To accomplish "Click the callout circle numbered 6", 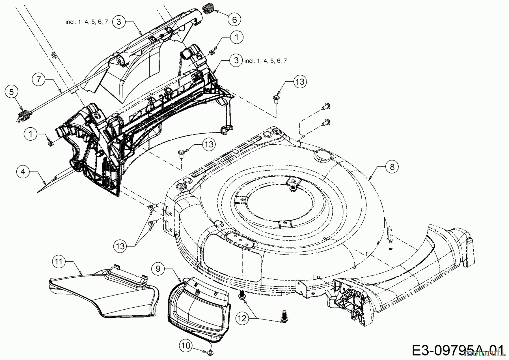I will tap(234, 20).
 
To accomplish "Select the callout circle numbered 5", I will tap(11, 92).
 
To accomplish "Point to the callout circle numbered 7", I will tap(39, 79).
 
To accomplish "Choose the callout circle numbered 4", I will tap(23, 172).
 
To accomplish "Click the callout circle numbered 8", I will tap(392, 167).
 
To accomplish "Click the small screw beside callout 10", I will tap(211, 352).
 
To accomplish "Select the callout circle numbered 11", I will tap(59, 262).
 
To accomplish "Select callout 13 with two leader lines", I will tap(120, 246).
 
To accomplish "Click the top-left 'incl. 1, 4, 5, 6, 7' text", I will tap(87, 22).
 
